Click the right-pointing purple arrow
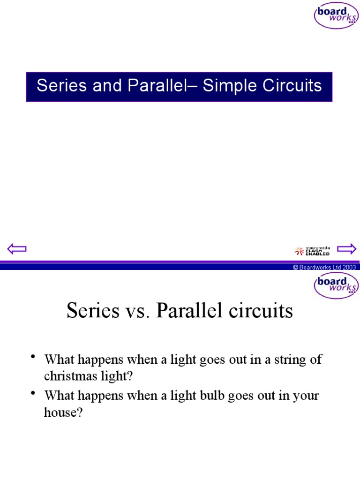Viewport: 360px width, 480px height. (347, 248)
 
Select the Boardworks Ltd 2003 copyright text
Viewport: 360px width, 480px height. (324, 267)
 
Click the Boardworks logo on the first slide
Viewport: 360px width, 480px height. (336, 15)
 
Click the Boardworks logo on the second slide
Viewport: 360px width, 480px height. (336, 285)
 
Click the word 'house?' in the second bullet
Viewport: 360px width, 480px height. (63, 412)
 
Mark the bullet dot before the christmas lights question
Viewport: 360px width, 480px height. (34, 358)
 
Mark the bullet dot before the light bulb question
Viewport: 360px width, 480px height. (34, 394)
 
